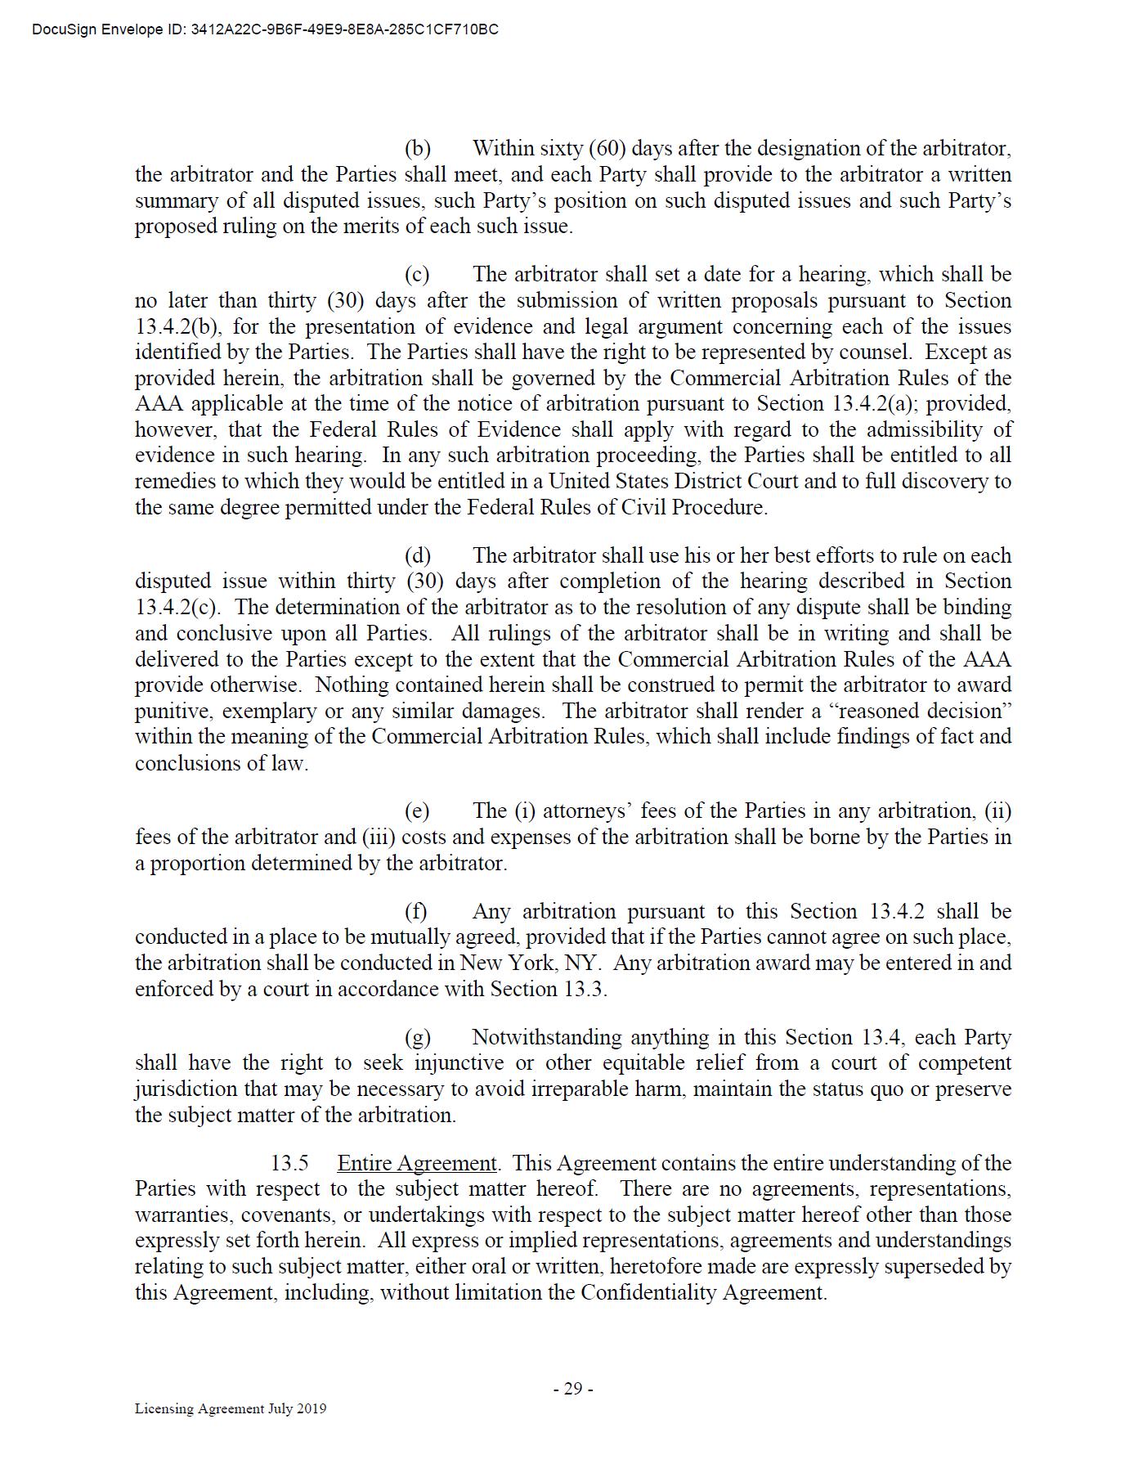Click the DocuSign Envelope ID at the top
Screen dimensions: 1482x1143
[x=265, y=30]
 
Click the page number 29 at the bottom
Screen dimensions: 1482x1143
[x=572, y=1388]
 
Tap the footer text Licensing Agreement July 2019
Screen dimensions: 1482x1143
[x=231, y=1408]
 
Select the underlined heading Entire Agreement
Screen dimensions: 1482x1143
[x=416, y=1163]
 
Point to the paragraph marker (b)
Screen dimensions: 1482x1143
[x=418, y=149]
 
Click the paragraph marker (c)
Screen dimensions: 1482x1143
[x=417, y=275]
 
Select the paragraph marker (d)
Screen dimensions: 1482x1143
[x=418, y=556]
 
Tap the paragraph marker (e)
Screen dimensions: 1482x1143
[x=417, y=811]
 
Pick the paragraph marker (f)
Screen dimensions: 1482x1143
[x=416, y=912]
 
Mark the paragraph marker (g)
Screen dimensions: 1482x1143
[x=418, y=1038]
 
